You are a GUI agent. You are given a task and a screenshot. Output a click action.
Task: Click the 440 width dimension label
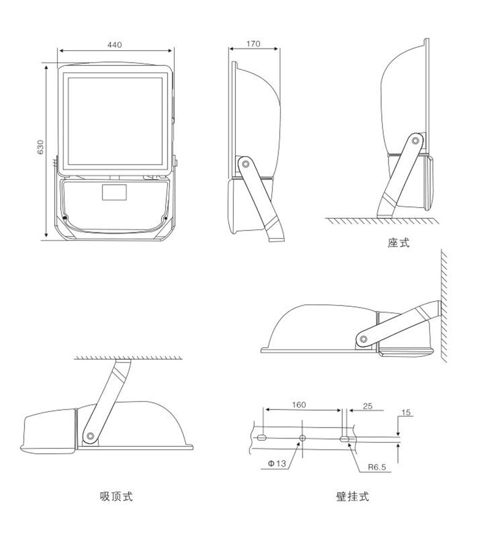tap(115, 45)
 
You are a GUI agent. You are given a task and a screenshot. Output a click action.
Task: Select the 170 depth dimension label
tap(253, 44)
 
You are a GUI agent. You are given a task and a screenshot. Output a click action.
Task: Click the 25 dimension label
tap(368, 405)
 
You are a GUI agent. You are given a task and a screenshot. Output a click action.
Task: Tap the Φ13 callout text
tap(277, 464)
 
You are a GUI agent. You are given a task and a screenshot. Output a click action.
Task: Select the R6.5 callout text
tap(377, 467)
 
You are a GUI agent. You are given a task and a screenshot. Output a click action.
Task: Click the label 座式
tap(398, 243)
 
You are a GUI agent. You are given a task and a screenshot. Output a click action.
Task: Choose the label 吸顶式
tap(116, 497)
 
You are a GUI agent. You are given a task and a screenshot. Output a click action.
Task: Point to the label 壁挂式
tap(353, 497)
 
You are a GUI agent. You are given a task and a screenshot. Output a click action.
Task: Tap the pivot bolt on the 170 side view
tap(245, 164)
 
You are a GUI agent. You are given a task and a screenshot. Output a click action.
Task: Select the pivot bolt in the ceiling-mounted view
tap(91, 436)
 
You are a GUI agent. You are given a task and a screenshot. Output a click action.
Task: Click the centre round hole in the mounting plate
tap(302, 438)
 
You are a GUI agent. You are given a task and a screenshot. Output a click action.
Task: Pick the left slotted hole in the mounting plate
tap(261, 438)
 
